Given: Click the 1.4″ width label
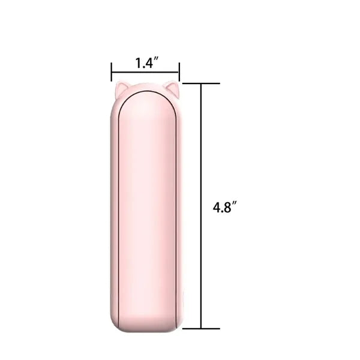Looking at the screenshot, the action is pyautogui.click(x=147, y=63).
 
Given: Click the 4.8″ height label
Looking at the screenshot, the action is pyautogui.click(x=224, y=207).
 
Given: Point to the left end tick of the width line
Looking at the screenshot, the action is pyautogui.click(x=112, y=71).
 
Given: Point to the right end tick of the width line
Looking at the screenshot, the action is pyautogui.click(x=179, y=71).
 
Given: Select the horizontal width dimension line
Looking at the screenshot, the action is pyautogui.click(x=145, y=73).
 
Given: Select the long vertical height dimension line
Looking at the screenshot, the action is pyautogui.click(x=201, y=206).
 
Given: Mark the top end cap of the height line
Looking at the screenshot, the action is pyautogui.click(x=201, y=83).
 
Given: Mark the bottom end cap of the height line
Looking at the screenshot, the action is pyautogui.click(x=201, y=329).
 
